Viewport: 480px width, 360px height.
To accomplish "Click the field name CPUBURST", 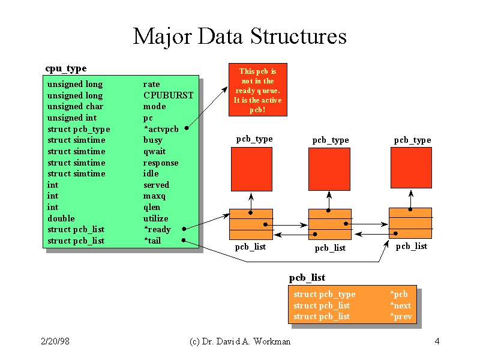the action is (169, 95).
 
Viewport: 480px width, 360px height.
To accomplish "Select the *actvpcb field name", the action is (161, 129).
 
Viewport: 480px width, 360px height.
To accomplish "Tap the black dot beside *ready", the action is (184, 229).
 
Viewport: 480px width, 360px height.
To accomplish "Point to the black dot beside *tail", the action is (184, 241).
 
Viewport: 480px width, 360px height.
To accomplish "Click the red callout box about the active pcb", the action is (258, 89).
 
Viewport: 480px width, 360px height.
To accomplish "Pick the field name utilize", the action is (156, 218).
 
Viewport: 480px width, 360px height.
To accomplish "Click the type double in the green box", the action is (61, 218).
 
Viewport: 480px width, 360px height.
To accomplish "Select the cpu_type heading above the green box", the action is (66, 68).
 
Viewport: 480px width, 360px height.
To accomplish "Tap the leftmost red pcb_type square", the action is (251, 169).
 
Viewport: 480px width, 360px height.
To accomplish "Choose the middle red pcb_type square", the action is (329, 169).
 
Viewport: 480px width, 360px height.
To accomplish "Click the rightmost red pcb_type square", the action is (411, 168).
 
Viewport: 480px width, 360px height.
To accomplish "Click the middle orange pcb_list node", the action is (330, 224).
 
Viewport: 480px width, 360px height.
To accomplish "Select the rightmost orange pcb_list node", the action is (410, 223).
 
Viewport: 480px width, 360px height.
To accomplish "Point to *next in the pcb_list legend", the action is (401, 305).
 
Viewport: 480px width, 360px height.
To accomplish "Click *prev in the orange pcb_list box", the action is (401, 317).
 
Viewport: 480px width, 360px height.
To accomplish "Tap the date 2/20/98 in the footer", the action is (55, 341).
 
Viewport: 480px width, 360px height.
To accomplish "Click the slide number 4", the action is (437, 341).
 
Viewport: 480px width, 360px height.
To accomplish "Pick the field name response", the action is (161, 163).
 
